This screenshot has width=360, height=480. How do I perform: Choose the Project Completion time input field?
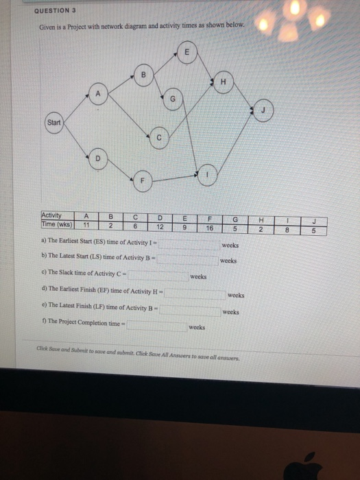(x=156, y=325)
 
